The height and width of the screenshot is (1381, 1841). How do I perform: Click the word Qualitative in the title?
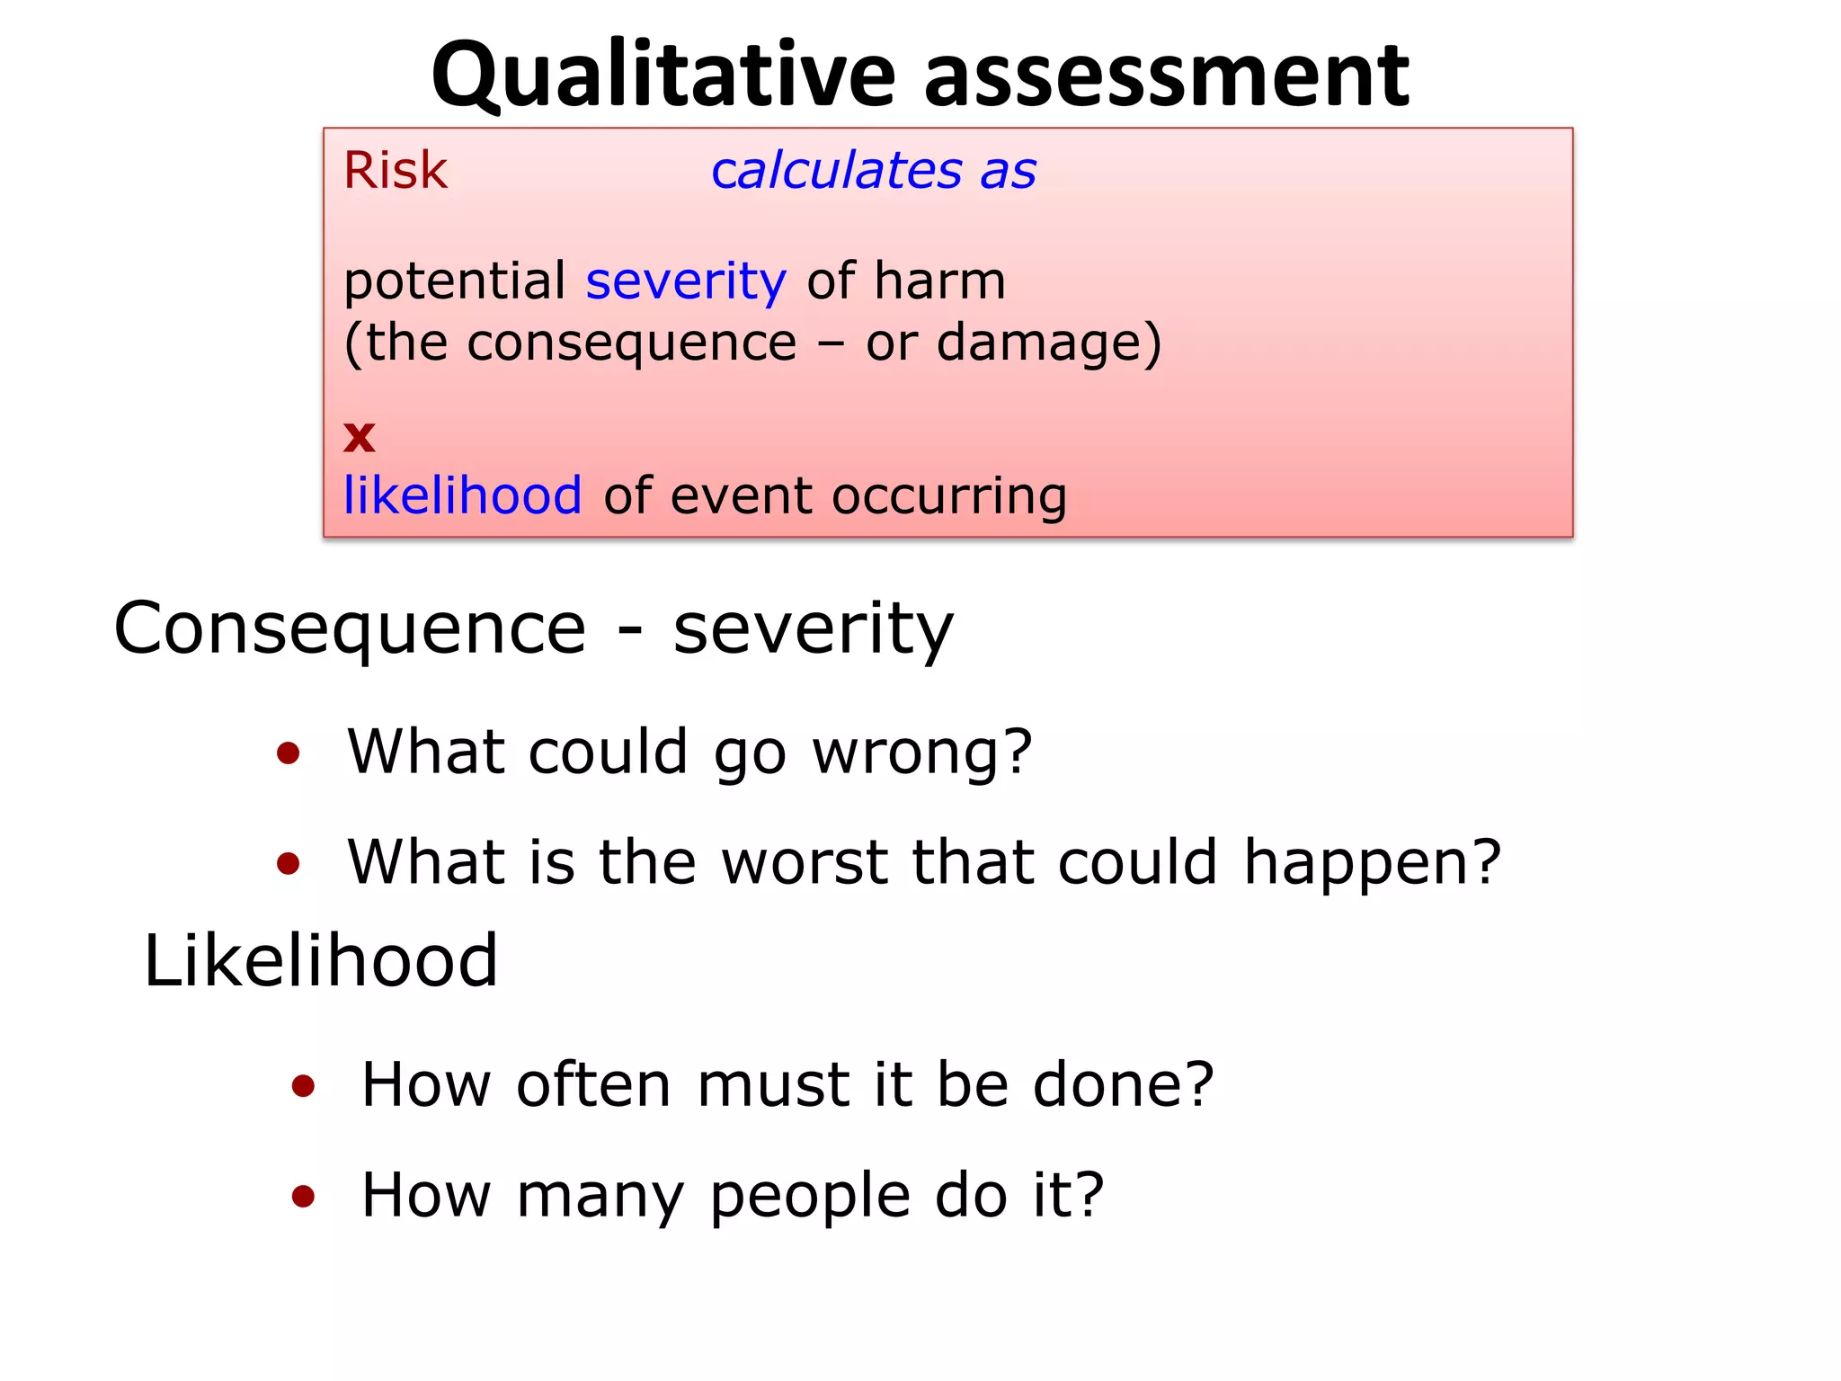click(663, 76)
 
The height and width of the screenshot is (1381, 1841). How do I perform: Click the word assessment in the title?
click(1166, 76)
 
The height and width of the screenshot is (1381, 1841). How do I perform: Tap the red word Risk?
click(395, 170)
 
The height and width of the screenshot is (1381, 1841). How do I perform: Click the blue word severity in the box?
click(686, 281)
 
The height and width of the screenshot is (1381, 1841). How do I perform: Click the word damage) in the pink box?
click(1049, 343)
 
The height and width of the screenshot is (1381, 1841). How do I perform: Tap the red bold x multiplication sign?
click(360, 437)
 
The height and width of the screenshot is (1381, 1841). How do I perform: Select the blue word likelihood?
click(463, 495)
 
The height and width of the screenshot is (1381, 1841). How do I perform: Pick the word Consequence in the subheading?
click(350, 628)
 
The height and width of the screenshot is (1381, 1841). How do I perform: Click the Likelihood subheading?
click(321, 961)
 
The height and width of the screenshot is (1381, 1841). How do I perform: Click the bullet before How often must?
click(304, 1086)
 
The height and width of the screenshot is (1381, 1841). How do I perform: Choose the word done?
click(1124, 1085)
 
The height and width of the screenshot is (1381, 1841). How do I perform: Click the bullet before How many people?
click(304, 1197)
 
